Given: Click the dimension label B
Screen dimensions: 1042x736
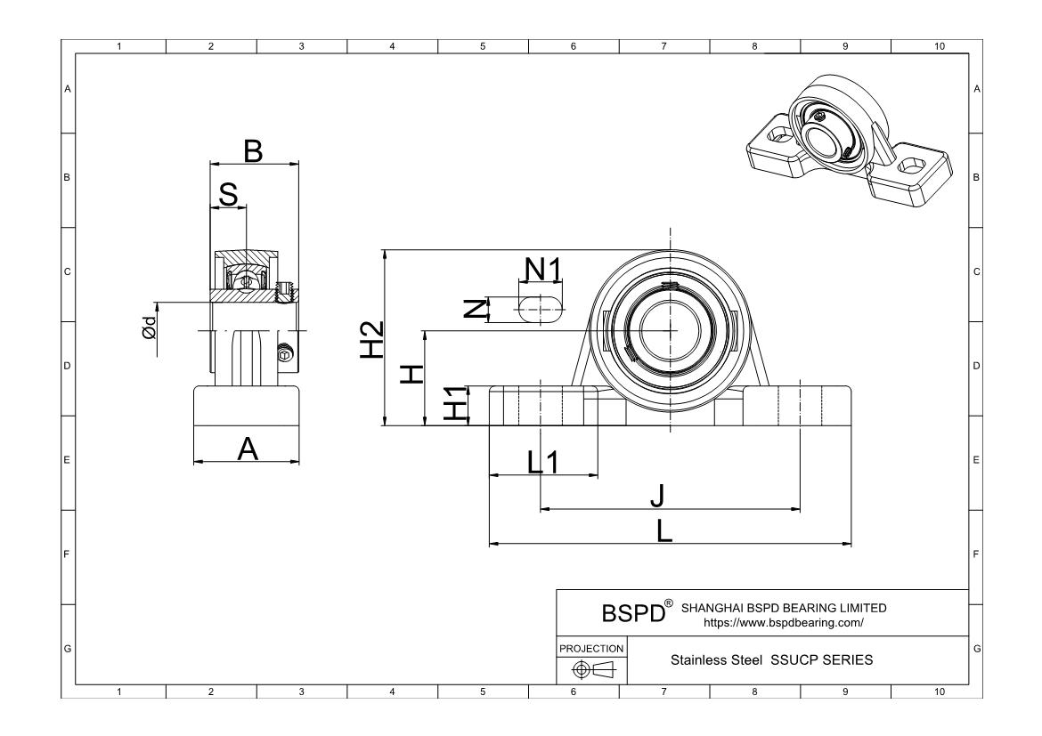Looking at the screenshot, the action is [253, 150].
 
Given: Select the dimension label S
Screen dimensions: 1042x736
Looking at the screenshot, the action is [228, 195].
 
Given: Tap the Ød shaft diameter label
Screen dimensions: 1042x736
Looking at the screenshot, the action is [150, 327].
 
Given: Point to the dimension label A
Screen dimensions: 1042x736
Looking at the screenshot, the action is [248, 449].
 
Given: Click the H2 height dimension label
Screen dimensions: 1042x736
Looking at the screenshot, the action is [372, 339].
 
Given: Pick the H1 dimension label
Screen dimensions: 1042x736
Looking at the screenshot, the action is [455, 403].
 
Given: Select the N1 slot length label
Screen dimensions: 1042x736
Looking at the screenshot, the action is [543, 269].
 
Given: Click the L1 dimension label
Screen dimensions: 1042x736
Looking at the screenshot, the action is [543, 462].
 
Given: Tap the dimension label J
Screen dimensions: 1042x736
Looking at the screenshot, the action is [657, 495].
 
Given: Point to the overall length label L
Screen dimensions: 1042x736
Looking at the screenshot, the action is [664, 530].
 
